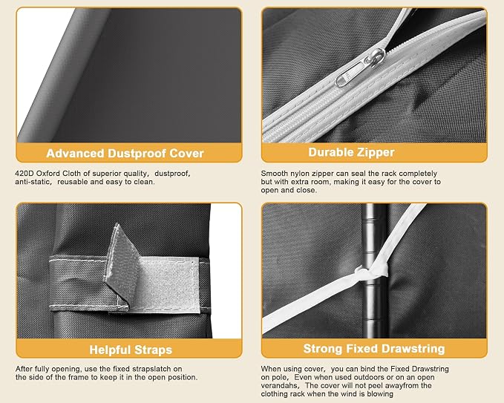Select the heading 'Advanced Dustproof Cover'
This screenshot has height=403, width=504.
[x=125, y=154]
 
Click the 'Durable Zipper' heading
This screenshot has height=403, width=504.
[x=351, y=152]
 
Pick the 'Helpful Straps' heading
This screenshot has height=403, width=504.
[x=131, y=350]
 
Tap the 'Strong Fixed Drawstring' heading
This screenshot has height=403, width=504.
[x=374, y=349]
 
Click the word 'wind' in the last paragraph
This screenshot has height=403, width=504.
[x=347, y=394]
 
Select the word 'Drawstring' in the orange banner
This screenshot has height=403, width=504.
[x=413, y=349]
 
